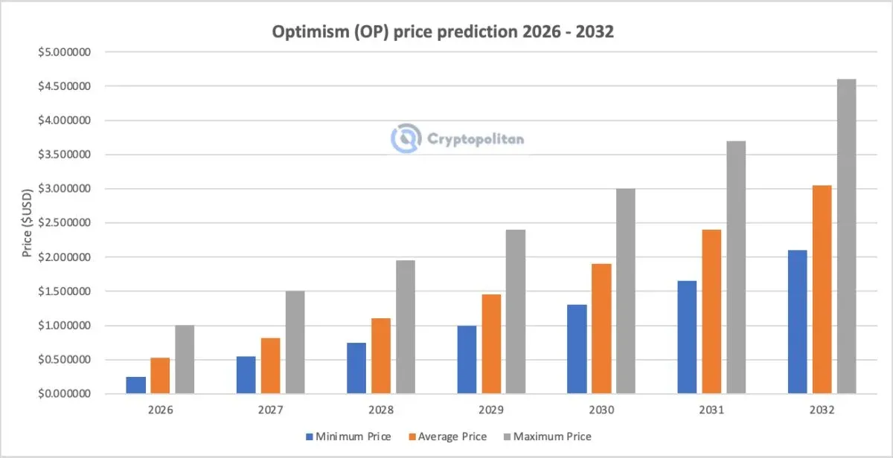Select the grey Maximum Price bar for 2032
click(846, 236)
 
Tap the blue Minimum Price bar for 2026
click(136, 385)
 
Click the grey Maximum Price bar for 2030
click(626, 291)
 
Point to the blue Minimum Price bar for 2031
click(687, 337)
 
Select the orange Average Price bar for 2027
click(271, 366)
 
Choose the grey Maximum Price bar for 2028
click(406, 326)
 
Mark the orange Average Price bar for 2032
click(822, 289)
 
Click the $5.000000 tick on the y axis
click(65, 52)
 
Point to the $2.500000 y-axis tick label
click(65, 223)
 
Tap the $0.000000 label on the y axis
click(65, 394)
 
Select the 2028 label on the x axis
click(380, 410)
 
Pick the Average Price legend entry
click(451, 436)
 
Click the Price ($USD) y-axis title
click(28, 223)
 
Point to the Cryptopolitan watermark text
click(476, 138)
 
